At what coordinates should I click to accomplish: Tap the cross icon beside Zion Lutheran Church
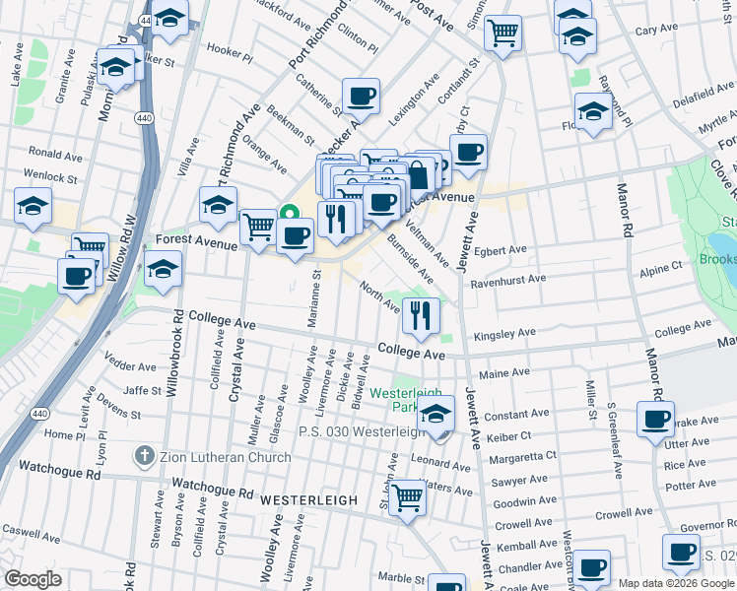point(144,456)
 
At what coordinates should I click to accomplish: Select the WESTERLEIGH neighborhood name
point(311,500)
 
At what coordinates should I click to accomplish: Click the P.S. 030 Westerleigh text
point(355,431)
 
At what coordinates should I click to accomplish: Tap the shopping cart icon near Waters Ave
point(406,497)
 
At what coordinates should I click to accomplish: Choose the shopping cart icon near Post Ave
point(503,32)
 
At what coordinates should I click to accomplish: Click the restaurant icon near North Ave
point(421,315)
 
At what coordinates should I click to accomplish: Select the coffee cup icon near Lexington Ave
point(362,96)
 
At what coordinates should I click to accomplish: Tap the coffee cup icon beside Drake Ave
point(655,419)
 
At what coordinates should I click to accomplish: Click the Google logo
point(33,579)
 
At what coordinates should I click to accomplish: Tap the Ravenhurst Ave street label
point(509,279)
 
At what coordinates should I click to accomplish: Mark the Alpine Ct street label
point(661,266)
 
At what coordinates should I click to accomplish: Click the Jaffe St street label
point(142,390)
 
